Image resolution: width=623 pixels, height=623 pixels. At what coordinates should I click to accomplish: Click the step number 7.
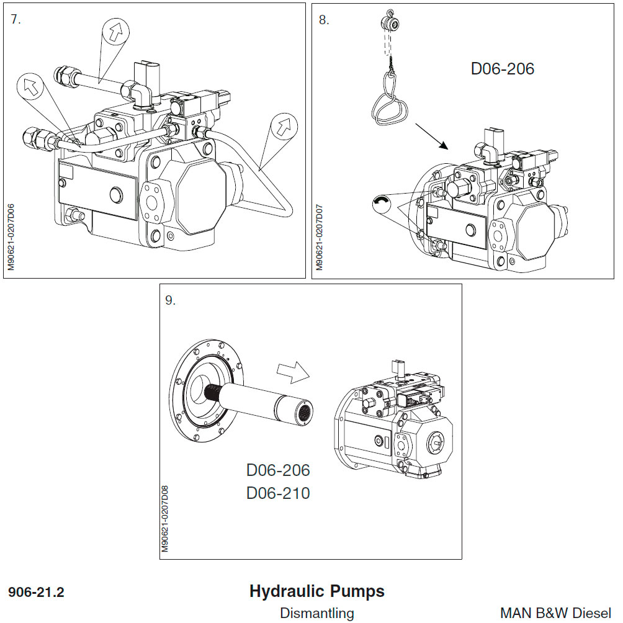[x=16, y=19]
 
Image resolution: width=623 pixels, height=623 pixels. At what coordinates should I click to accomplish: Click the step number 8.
[x=323, y=20]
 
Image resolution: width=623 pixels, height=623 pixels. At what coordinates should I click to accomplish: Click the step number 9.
[x=170, y=301]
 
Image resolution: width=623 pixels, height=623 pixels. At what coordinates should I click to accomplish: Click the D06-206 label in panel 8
[x=502, y=68]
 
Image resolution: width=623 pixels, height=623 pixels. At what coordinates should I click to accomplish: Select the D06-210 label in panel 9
[x=278, y=493]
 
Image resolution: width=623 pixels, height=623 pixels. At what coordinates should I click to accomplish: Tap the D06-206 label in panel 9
[x=278, y=470]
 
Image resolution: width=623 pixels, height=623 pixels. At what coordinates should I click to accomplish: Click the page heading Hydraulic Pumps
[x=316, y=591]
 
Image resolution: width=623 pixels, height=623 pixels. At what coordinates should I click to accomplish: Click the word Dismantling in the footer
[x=316, y=613]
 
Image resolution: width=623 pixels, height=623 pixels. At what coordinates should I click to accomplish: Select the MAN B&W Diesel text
[x=555, y=613]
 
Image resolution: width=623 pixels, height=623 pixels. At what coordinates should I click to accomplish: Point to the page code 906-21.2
[x=36, y=593]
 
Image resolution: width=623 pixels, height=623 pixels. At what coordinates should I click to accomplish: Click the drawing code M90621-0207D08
[x=165, y=518]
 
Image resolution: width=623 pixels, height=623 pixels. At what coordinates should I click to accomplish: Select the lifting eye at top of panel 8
[x=389, y=23]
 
